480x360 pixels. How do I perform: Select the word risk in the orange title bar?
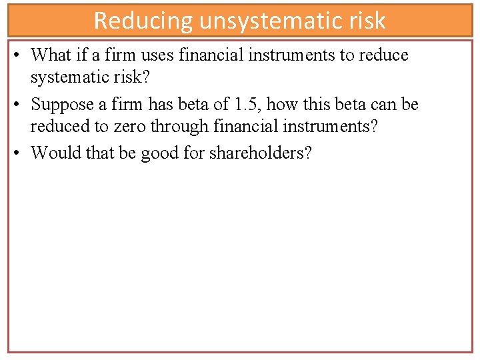coord(365,21)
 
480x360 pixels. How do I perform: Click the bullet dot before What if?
coord(15,55)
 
